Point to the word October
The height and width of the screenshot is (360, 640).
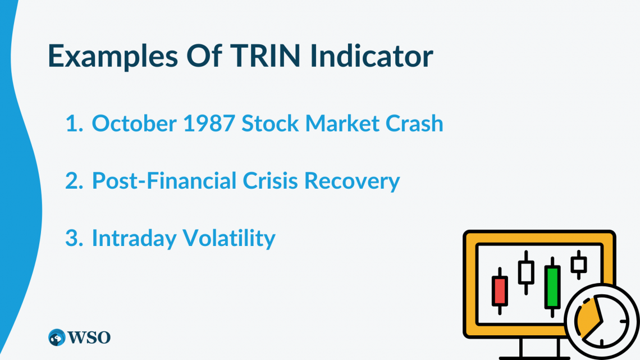(132, 124)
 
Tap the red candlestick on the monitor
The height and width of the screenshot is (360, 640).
(499, 291)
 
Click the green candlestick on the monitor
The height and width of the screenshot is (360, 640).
(552, 286)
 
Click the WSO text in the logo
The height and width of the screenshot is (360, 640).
(90, 337)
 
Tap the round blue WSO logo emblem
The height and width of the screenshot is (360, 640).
(57, 337)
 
